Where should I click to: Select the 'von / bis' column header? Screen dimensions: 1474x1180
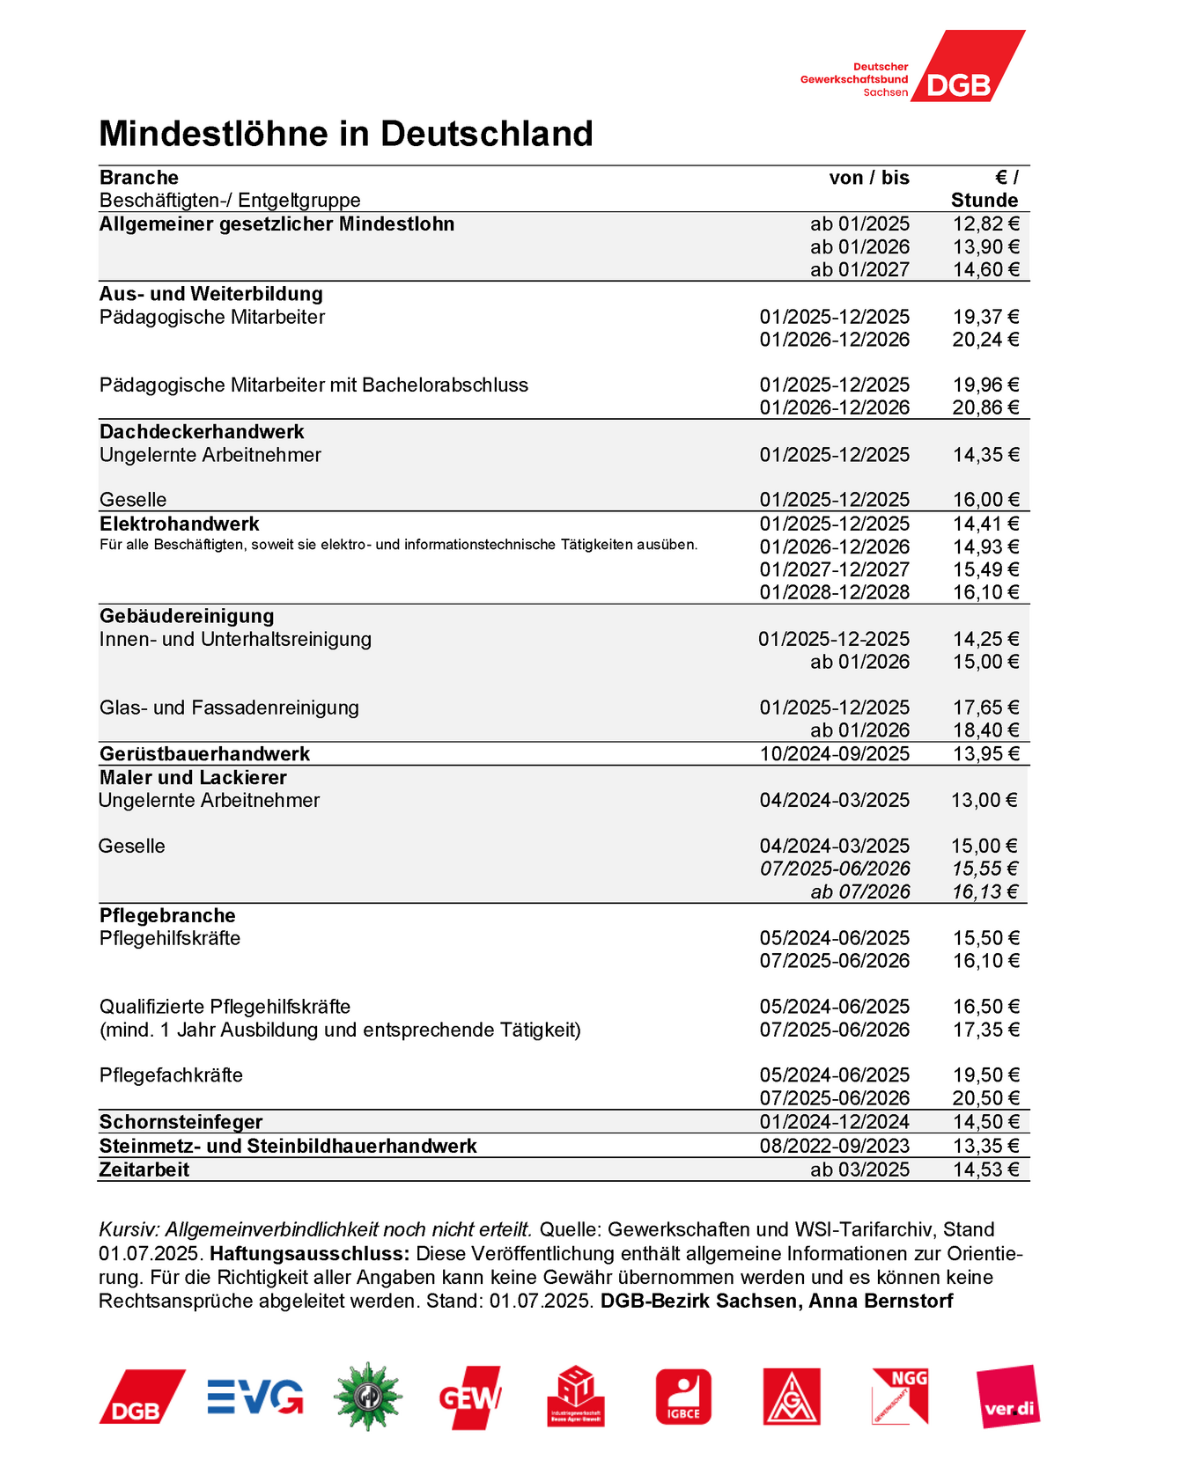tap(868, 178)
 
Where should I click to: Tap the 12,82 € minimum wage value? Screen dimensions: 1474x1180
tap(985, 224)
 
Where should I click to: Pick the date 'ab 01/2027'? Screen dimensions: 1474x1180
tap(859, 270)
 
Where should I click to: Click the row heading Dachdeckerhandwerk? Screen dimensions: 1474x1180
tap(202, 432)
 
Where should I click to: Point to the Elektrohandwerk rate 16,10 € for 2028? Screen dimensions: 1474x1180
tap(985, 592)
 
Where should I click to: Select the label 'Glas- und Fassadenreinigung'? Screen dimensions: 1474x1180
tap(229, 708)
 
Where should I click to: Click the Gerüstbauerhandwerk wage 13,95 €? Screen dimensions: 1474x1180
tap(985, 754)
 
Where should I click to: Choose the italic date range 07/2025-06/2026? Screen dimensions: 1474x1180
tap(834, 869)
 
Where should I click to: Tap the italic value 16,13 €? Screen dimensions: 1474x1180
tap(984, 891)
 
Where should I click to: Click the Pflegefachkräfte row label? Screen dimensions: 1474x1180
tap(171, 1075)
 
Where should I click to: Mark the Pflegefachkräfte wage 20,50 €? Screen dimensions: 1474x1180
tap(985, 1098)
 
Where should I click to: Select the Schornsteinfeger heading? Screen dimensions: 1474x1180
tap(181, 1122)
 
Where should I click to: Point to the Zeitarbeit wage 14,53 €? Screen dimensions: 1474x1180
tap(985, 1170)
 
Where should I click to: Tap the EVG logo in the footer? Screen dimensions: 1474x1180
tap(255, 1397)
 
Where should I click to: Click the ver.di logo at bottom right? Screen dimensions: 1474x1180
tap(1008, 1397)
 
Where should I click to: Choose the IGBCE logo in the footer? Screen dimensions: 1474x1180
tap(683, 1397)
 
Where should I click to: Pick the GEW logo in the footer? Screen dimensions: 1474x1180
tap(469, 1397)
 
